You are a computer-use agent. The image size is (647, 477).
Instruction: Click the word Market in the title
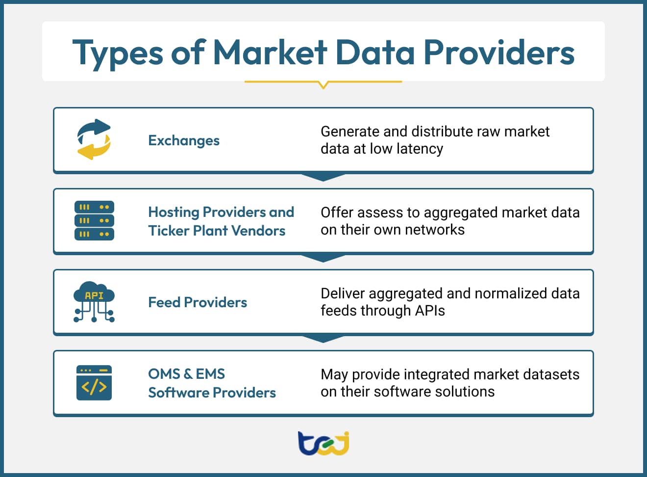pyautogui.click(x=270, y=52)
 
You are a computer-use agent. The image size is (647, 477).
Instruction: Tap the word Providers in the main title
pyautogui.click(x=498, y=52)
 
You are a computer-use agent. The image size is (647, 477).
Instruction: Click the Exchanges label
pyautogui.click(x=184, y=141)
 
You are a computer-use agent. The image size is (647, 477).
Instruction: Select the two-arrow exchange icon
pyautogui.click(x=94, y=139)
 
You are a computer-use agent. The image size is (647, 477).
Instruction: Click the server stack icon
pyautogui.click(x=94, y=220)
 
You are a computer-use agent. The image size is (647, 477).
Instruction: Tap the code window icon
pyautogui.click(x=94, y=383)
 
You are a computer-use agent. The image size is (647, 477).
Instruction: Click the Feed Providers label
pyautogui.click(x=198, y=302)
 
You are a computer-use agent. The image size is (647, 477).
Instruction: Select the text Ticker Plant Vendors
pyautogui.click(x=217, y=231)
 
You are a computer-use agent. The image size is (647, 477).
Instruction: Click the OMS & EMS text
pyautogui.click(x=186, y=374)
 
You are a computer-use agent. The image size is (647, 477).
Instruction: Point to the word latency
pyautogui.click(x=420, y=149)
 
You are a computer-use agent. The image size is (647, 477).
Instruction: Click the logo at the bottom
pyautogui.click(x=323, y=443)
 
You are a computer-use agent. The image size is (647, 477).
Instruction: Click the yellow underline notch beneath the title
pyautogui.click(x=323, y=85)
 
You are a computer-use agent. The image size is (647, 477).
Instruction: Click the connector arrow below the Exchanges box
pyautogui.click(x=323, y=177)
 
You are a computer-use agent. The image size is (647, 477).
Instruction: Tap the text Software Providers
pyautogui.click(x=212, y=393)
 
